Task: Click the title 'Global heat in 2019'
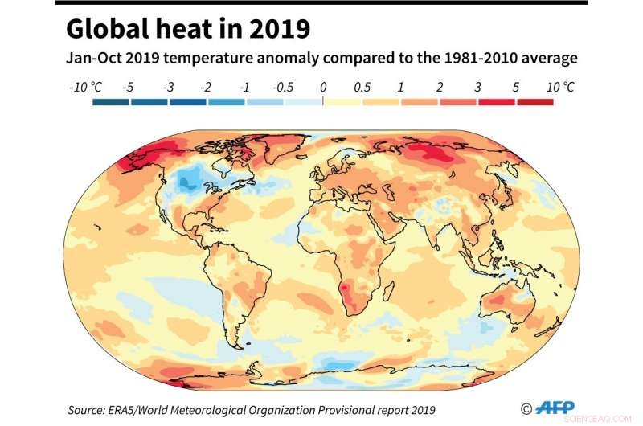(187, 29)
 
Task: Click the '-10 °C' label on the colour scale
(86, 86)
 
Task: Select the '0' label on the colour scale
(322, 86)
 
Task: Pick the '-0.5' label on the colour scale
(283, 86)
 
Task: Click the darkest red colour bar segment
(534, 102)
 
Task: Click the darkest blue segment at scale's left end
(110, 102)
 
